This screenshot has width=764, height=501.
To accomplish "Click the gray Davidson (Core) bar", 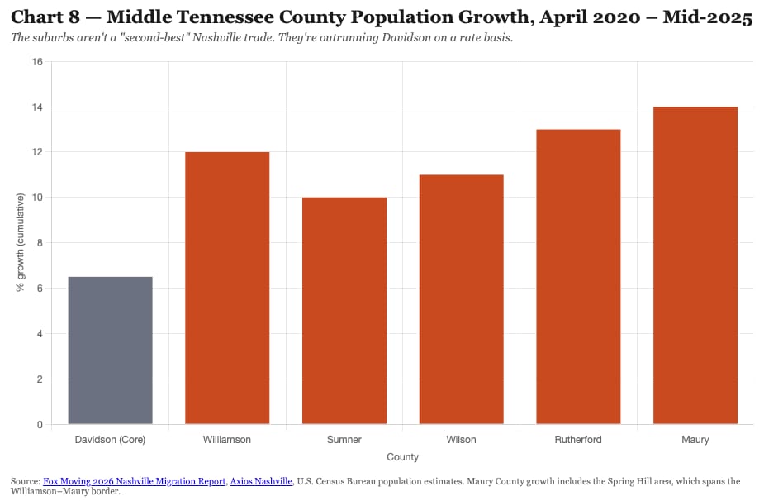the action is (x=110, y=351).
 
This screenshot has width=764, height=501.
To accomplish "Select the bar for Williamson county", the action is (x=227, y=288).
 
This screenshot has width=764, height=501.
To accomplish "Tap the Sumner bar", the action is (x=344, y=311).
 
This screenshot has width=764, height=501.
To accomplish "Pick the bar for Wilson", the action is (x=462, y=299).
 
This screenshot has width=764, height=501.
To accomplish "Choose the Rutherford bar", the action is (x=578, y=277).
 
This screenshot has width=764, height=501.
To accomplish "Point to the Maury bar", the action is (x=695, y=265).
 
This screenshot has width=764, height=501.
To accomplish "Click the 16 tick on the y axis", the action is (x=37, y=61).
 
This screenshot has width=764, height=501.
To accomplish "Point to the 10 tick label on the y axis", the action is (x=37, y=198).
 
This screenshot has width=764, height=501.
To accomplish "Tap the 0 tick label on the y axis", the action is (x=40, y=424).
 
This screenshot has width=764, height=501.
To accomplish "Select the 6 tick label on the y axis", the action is (x=40, y=289).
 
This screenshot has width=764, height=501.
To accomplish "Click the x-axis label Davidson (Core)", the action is (x=110, y=440).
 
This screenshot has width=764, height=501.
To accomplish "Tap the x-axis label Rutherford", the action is (x=578, y=440).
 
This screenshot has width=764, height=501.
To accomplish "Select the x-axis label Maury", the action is (x=695, y=440).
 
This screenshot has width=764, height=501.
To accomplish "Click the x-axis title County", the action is (x=402, y=457).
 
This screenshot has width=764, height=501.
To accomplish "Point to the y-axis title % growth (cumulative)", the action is (x=20, y=242).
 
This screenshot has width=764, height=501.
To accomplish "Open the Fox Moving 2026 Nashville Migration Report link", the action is (x=135, y=481).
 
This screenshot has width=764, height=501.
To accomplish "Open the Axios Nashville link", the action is (x=261, y=481).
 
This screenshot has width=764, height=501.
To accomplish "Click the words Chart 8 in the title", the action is (x=45, y=17).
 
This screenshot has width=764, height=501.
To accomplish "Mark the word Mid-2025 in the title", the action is (x=708, y=17).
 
